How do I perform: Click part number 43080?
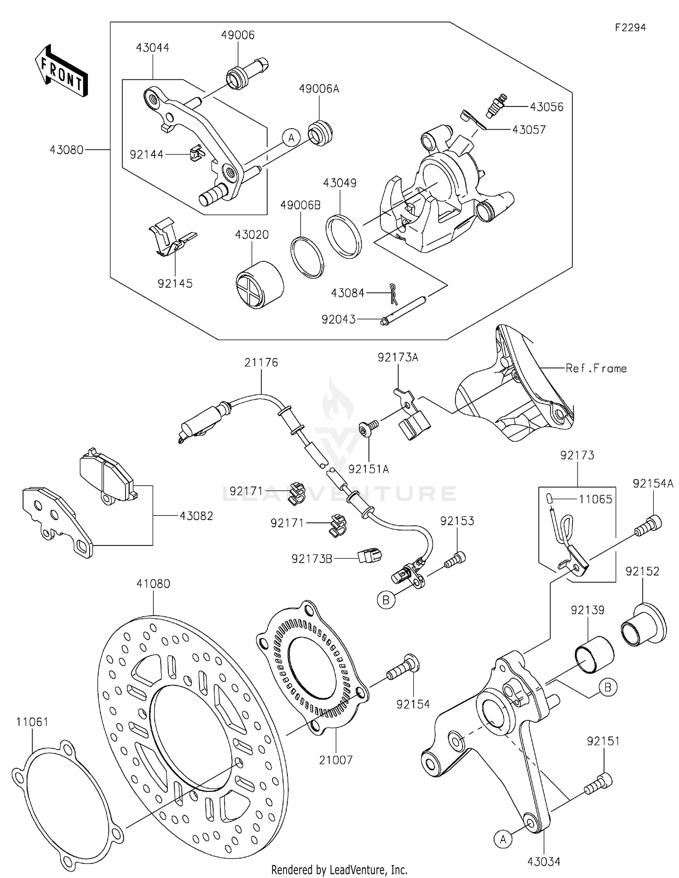coord(67,150)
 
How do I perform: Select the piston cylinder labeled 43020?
coord(260,285)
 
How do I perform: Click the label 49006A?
coord(319,89)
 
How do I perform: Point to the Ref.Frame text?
coord(596,368)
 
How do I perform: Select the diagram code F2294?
coord(630,28)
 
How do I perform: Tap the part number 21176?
coord(261,362)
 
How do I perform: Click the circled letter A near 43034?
coord(503,839)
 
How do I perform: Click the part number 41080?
coord(153,584)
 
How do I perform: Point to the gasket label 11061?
coord(32,722)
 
